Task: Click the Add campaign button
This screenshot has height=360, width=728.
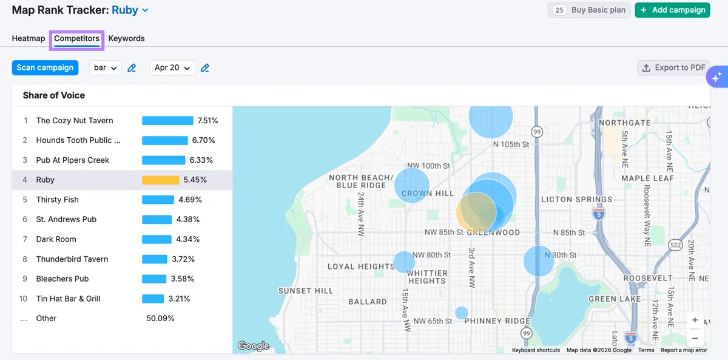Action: pos(672,10)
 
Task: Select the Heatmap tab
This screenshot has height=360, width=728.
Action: pos(29,38)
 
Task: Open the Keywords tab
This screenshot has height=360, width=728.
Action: pos(126,38)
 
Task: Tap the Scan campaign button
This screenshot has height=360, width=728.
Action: pos(45,67)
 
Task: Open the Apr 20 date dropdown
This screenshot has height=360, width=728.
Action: pos(172,67)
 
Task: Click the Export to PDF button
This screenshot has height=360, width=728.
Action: pos(674,67)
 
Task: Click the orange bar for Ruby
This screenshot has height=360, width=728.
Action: pos(161,180)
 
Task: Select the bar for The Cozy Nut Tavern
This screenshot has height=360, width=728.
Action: pos(167,121)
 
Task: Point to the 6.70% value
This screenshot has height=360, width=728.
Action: pos(203,140)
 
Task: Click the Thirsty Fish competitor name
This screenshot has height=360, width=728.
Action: pos(57,200)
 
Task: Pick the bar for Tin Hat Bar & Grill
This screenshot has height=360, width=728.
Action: pos(153,299)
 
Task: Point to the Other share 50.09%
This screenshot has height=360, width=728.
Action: pos(160,318)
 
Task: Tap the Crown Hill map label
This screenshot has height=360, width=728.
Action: pos(427,194)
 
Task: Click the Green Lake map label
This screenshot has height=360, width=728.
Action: pos(615,299)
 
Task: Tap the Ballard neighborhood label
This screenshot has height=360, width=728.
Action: pos(368,302)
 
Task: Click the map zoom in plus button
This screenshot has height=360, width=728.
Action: pos(695,320)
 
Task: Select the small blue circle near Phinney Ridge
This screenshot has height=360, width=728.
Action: pos(462,313)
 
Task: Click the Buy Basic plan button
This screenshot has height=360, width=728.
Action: pos(589,10)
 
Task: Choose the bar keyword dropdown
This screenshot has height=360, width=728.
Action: pos(106,67)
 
